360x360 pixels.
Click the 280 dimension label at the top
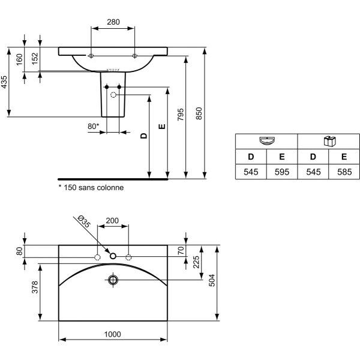coord(113,22)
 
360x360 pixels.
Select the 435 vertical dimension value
coord(4,82)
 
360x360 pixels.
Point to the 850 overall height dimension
coord(199,113)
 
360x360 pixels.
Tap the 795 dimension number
coord(181,115)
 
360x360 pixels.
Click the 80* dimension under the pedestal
coord(93,126)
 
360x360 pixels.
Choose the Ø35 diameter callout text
coord(84,221)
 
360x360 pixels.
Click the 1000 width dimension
coord(113,334)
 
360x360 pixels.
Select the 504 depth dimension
coord(212,280)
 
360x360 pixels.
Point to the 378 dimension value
coord(35,287)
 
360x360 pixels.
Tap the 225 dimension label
coord(196,262)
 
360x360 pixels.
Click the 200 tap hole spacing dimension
coord(112,221)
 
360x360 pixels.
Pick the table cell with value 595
coord(282,172)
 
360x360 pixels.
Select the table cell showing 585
coord(344,172)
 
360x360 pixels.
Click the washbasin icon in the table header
coord(267,141)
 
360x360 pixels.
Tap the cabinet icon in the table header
coord(329,141)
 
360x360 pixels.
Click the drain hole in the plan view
coord(113,280)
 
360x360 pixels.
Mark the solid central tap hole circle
coord(113,256)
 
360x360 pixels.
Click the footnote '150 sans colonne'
coord(91,188)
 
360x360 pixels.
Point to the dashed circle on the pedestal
coord(113,95)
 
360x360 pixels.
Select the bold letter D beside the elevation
coord(144,136)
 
